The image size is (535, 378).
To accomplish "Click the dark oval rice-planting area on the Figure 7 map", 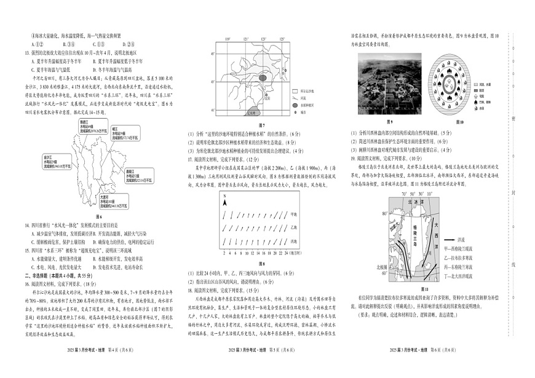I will [263, 78].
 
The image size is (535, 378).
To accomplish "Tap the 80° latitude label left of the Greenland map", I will [385, 214].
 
